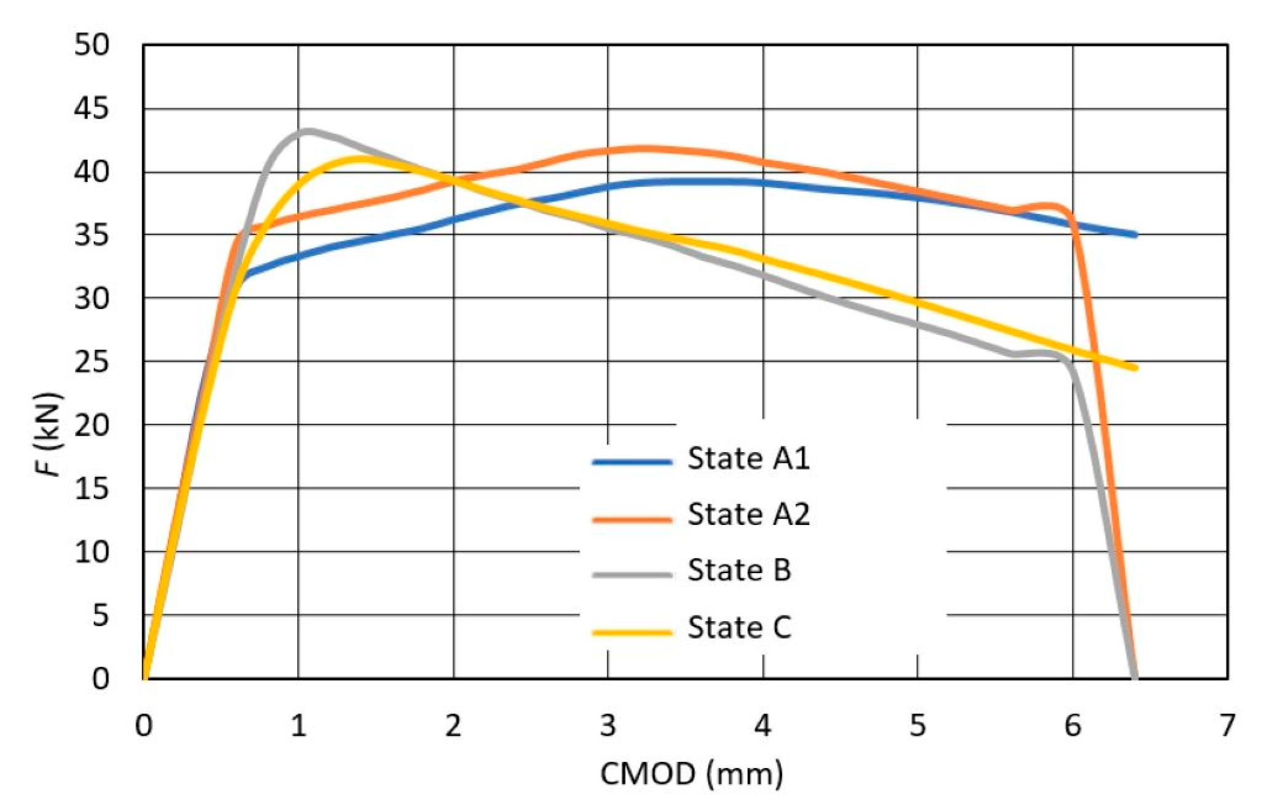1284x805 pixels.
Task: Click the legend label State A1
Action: [748, 459]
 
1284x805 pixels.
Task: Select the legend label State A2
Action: [748, 514]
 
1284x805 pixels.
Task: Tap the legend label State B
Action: [739, 571]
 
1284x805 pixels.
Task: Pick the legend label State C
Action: [739, 628]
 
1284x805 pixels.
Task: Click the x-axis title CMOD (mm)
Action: [691, 774]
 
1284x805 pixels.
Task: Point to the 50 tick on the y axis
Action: [91, 45]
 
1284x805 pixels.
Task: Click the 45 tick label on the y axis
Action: [91, 109]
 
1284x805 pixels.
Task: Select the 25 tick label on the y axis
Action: [91, 361]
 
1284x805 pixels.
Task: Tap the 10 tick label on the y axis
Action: [91, 552]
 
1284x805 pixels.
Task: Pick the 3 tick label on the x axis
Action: [607, 725]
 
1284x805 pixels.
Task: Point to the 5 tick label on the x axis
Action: [917, 725]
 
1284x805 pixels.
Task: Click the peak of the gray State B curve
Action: [308, 131]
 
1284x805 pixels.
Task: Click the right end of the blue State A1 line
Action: [1135, 234]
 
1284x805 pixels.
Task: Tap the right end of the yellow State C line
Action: [1135, 368]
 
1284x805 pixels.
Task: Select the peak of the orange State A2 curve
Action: [641, 149]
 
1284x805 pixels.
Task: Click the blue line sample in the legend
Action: [632, 461]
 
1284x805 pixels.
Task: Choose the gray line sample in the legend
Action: [632, 575]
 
